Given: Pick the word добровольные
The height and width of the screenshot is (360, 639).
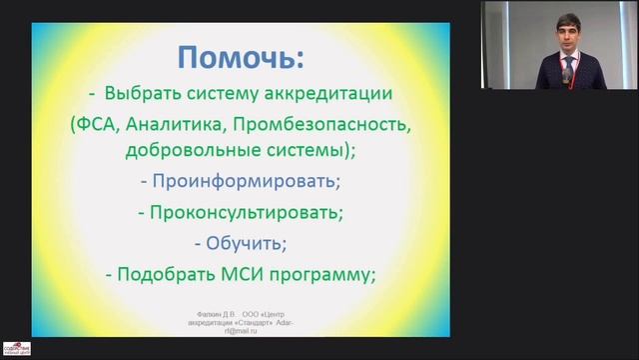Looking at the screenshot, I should pos(187,153).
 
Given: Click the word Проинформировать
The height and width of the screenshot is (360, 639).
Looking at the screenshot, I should pos(241,183).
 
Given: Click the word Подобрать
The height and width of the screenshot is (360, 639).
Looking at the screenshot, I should pos(163,273).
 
